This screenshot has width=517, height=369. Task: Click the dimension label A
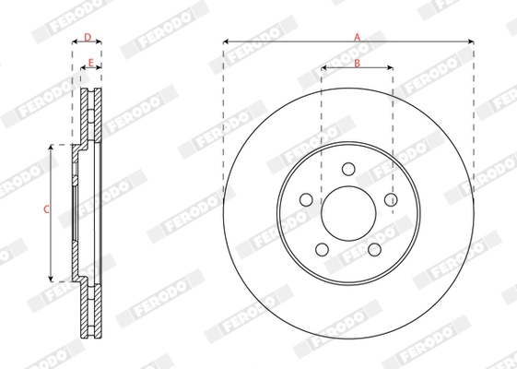[357, 36]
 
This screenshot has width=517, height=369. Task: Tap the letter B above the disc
[357, 63]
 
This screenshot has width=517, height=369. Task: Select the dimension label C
[46, 210]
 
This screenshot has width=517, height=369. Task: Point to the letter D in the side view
[87, 37]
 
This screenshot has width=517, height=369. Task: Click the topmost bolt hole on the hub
[347, 169]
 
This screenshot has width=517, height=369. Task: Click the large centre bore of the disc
[347, 212]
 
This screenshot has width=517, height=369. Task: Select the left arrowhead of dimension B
[323, 68]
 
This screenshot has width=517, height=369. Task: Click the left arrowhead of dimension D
[75, 42]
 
